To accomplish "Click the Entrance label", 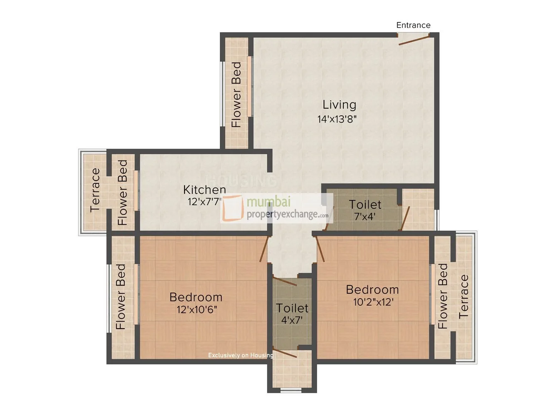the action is click(413, 25).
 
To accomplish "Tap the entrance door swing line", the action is click(414, 41).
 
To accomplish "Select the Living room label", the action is click(339, 105).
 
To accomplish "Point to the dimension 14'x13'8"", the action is click(337, 119).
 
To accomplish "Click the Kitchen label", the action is click(204, 190).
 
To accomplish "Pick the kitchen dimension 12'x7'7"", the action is click(205, 202).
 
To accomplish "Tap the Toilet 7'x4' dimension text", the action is click(365, 216).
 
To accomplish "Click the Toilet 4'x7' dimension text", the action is click(292, 320).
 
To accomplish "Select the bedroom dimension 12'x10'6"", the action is click(197, 310).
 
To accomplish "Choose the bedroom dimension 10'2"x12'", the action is click(373, 302).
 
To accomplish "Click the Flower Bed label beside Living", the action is click(236, 95).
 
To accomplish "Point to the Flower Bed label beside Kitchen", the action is click(123, 193).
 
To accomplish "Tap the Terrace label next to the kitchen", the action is click(95, 190).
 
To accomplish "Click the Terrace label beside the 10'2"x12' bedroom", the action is click(464, 297).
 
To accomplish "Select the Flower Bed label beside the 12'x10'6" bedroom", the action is click(121, 297).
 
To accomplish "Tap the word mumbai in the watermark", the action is click(268, 202).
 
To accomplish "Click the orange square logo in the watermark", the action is click(233, 208).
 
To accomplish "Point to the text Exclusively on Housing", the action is click(241, 355).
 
